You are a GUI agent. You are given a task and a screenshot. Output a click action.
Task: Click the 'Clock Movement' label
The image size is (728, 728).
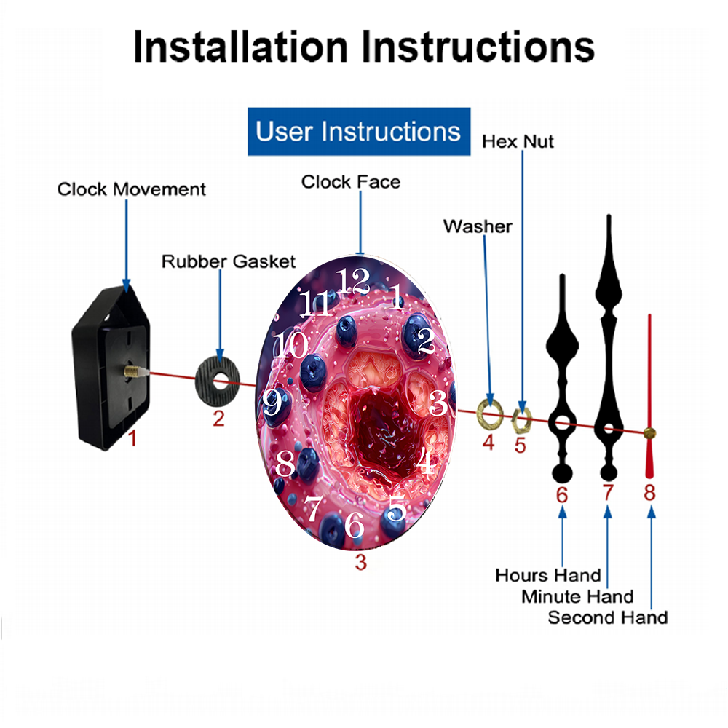coord(131,189)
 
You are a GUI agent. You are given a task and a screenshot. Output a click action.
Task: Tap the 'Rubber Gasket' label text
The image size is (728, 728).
coord(229,261)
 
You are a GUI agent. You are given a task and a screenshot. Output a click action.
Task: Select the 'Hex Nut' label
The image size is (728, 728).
coord(518,141)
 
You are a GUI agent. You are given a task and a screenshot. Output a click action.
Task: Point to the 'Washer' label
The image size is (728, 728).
coord(478,226)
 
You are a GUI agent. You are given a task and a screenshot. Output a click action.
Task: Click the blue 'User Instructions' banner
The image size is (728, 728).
coord(359,131)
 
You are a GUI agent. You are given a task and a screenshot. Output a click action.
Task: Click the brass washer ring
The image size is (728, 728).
coord(490,413)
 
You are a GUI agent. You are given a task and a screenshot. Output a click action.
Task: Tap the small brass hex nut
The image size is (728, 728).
coord(521,419)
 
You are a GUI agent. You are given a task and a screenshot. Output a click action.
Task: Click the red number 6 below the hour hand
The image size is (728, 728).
coord(562,495)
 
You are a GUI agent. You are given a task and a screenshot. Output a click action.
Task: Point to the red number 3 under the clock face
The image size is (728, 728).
coord(361,562)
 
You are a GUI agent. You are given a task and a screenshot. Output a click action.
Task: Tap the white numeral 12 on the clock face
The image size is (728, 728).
coord(354,281)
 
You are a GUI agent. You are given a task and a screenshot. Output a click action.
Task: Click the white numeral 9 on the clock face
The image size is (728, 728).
coord(272,402)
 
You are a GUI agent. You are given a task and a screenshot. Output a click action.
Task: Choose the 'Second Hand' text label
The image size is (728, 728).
coord(608,617)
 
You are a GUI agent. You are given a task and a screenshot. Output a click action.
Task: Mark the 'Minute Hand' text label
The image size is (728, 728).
coord(577,597)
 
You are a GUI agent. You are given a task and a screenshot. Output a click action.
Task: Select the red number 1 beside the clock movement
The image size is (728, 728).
coord(132,438)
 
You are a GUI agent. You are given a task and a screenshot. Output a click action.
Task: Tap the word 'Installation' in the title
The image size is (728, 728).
coord(240,47)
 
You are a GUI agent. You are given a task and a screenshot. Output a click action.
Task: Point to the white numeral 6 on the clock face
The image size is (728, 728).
coord(354,525)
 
